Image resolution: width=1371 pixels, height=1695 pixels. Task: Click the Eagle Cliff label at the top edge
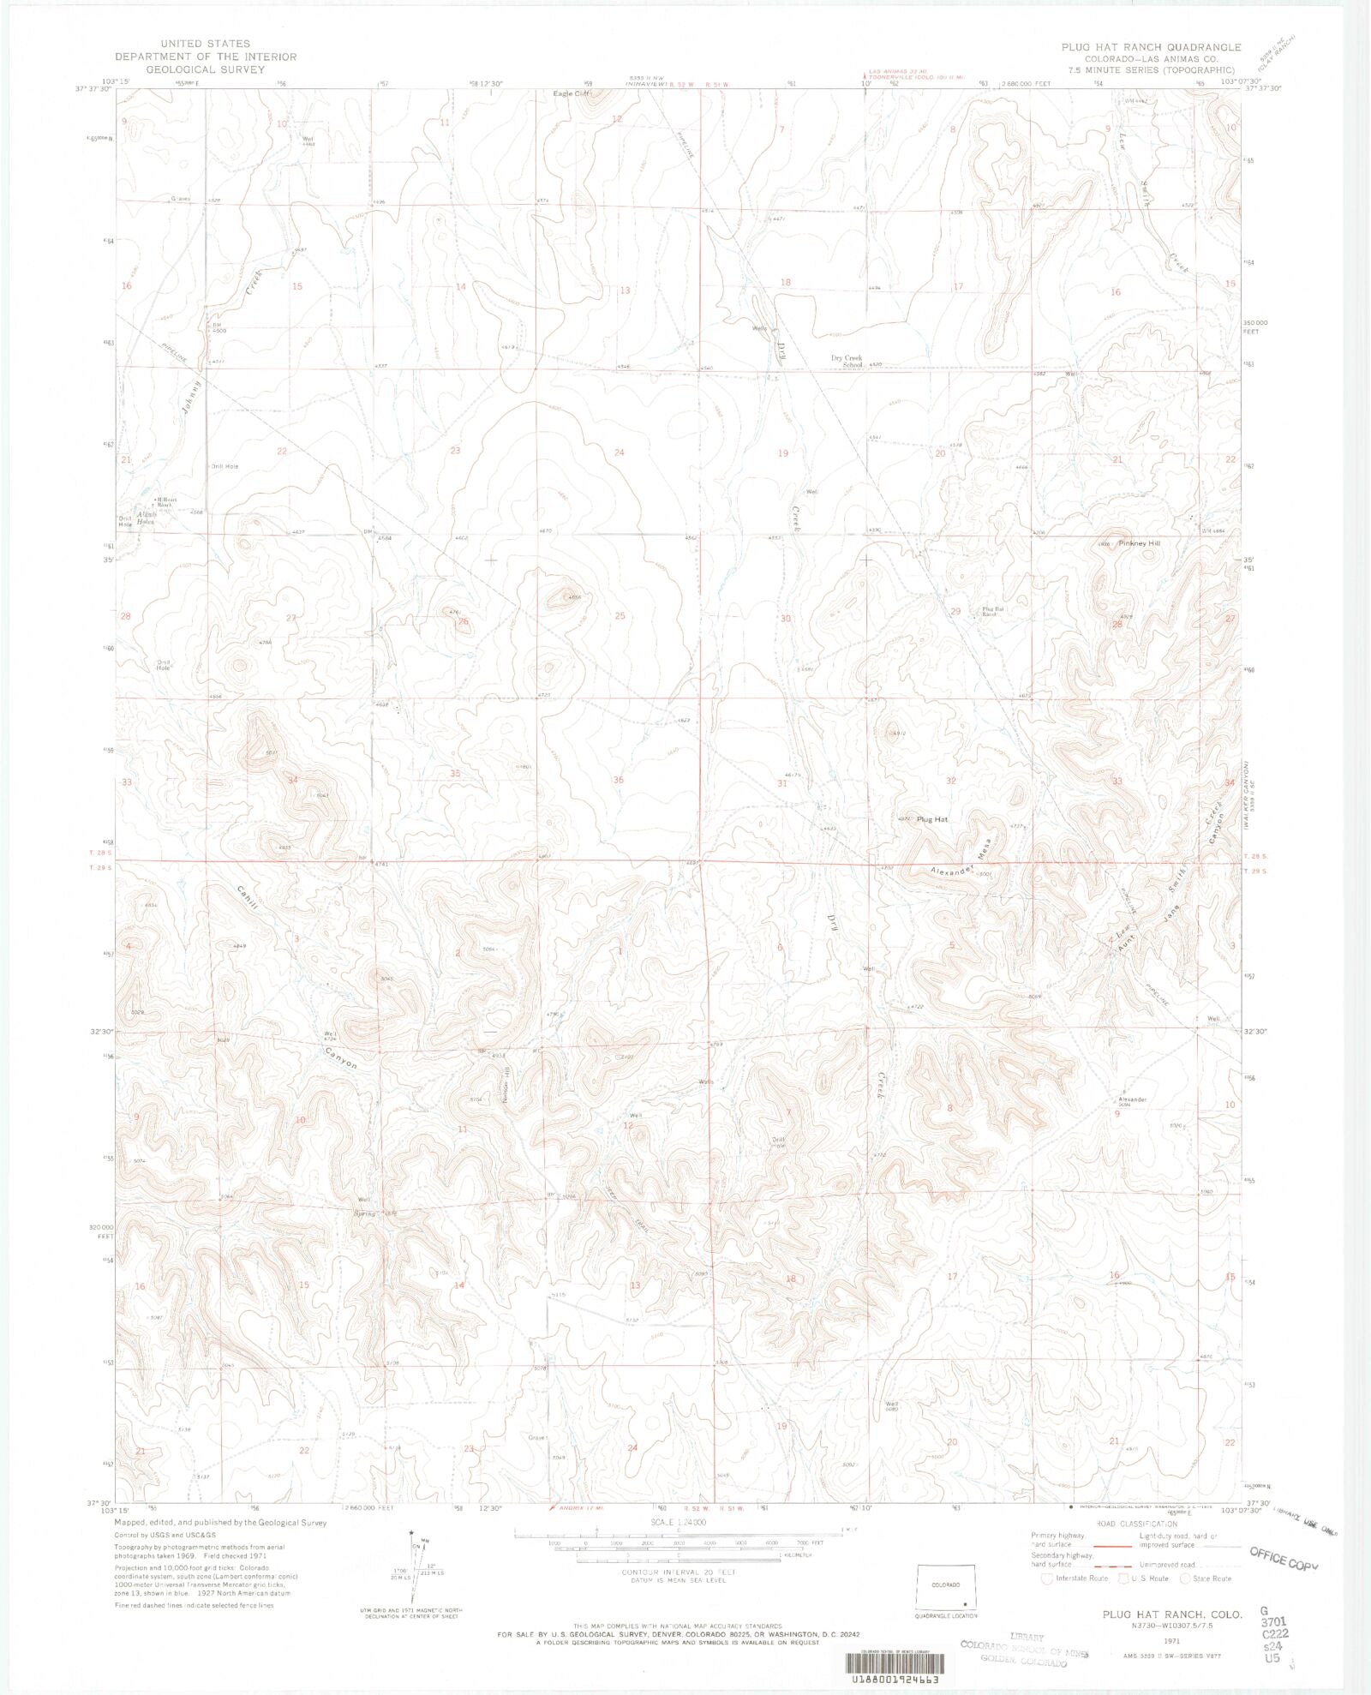pyautogui.click(x=572, y=93)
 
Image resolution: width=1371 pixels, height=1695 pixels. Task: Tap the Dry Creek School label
pyautogui.click(x=847, y=361)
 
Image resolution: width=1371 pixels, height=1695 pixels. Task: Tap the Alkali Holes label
pyautogui.click(x=146, y=518)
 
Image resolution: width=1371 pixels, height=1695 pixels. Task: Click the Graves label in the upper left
pyautogui.click(x=181, y=199)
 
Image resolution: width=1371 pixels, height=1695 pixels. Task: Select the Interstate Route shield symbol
pyautogui.click(x=1046, y=1578)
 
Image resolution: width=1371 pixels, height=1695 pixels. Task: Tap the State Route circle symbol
pyautogui.click(x=1185, y=1578)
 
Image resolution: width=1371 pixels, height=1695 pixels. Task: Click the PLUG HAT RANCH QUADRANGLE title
pyautogui.click(x=1151, y=47)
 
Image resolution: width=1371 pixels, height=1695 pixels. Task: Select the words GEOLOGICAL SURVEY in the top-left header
pyautogui.click(x=205, y=69)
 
